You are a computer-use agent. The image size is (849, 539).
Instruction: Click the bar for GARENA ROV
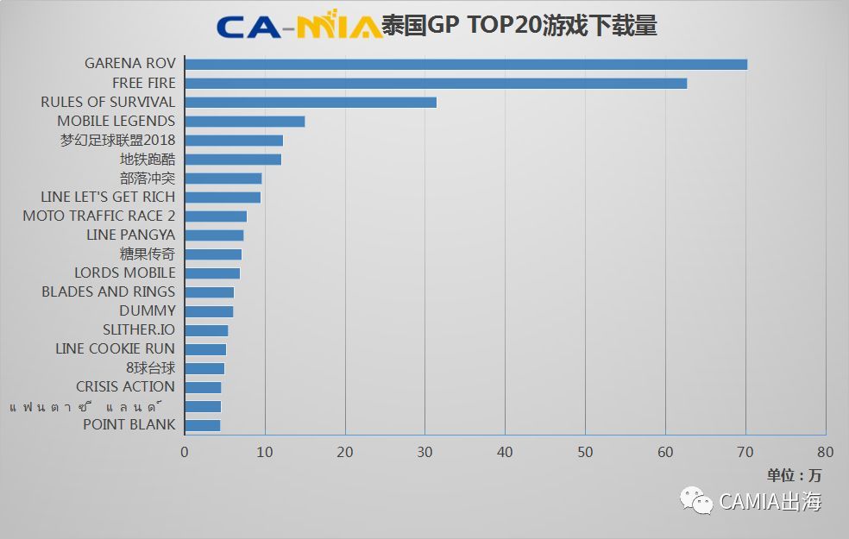(x=466, y=64)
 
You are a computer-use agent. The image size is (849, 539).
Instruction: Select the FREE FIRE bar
(x=436, y=83)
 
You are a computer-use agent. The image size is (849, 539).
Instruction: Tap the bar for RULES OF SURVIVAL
(x=311, y=102)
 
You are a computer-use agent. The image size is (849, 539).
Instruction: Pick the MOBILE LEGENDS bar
(x=245, y=121)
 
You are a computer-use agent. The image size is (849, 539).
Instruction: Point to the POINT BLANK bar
(x=203, y=424)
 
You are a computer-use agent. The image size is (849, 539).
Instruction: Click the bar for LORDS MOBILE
(x=212, y=273)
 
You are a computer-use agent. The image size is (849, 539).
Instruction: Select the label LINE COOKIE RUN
(x=115, y=348)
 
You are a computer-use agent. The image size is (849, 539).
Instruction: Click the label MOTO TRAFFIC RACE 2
(x=98, y=216)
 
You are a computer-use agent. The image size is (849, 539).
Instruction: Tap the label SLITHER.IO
(x=139, y=329)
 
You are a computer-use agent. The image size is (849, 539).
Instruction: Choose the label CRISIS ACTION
(x=125, y=386)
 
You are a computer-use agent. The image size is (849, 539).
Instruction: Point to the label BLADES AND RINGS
(x=108, y=291)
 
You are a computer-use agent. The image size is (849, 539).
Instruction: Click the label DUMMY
(x=147, y=310)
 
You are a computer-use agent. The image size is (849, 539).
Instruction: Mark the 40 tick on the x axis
(x=505, y=452)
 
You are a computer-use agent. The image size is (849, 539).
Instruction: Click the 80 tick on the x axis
(x=826, y=452)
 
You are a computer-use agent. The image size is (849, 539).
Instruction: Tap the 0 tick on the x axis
(x=185, y=452)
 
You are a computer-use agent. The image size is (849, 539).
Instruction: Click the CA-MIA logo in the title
(x=299, y=26)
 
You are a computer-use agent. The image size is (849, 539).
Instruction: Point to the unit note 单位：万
(x=795, y=474)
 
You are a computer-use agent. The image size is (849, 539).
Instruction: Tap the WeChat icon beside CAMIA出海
(x=696, y=500)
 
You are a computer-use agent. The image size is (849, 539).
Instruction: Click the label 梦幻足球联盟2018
(x=117, y=140)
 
